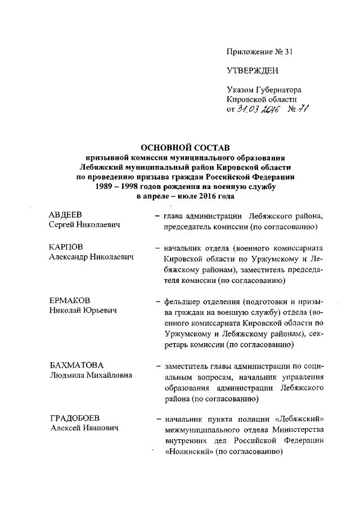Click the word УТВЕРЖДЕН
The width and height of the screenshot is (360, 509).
(253, 70)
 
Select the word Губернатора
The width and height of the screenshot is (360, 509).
(279, 89)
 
